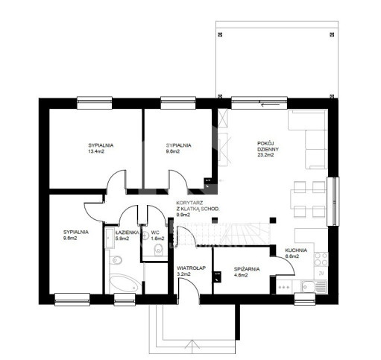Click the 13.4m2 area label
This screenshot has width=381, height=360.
coord(96,151)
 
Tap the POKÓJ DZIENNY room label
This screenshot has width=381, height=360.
coord(268,146)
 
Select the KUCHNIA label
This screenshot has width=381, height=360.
coord(296,250)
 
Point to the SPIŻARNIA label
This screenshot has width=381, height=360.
coord(247,269)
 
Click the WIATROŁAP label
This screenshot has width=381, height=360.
coord(191,268)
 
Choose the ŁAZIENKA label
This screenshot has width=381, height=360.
coord(127,233)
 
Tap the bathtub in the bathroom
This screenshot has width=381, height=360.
coord(125,283)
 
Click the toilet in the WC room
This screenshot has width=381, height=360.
coord(158,250)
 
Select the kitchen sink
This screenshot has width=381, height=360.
coord(314,287)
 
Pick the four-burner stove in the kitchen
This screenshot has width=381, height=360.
coord(321,259)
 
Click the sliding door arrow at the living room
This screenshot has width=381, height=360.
coord(270,105)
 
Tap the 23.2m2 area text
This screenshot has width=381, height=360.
coord(265,154)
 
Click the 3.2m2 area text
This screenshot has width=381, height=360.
coord(183,274)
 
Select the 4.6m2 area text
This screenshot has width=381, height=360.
coord(241,275)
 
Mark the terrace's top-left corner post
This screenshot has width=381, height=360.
coord(220,34)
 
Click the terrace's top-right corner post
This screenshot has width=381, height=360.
coord(332,34)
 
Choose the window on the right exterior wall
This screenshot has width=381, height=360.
coord(333,201)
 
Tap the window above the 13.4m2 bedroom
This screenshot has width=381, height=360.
coord(95,103)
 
